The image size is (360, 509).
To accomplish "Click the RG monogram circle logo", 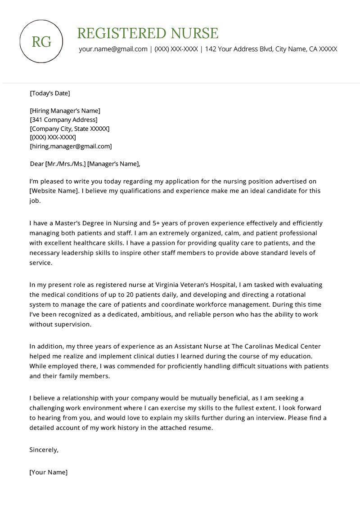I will tap(42, 42).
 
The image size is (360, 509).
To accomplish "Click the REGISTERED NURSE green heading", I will tap(148, 33).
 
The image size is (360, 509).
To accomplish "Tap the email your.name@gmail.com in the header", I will tap(113, 49).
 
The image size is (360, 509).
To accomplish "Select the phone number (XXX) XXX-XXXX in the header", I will tap(176, 49).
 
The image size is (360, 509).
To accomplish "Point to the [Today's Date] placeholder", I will tap(50, 94).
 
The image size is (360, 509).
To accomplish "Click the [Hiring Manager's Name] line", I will tap(65, 111).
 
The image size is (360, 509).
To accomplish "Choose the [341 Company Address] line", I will tap(63, 120).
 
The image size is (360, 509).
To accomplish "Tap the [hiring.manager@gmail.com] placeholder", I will tap(71, 146).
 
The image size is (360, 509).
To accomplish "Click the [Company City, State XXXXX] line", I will tap(69, 129).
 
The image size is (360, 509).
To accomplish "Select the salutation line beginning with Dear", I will tap(85, 164).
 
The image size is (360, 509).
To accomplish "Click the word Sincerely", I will tap(44, 449).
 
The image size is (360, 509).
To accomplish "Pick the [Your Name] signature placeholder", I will tap(48, 472).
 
